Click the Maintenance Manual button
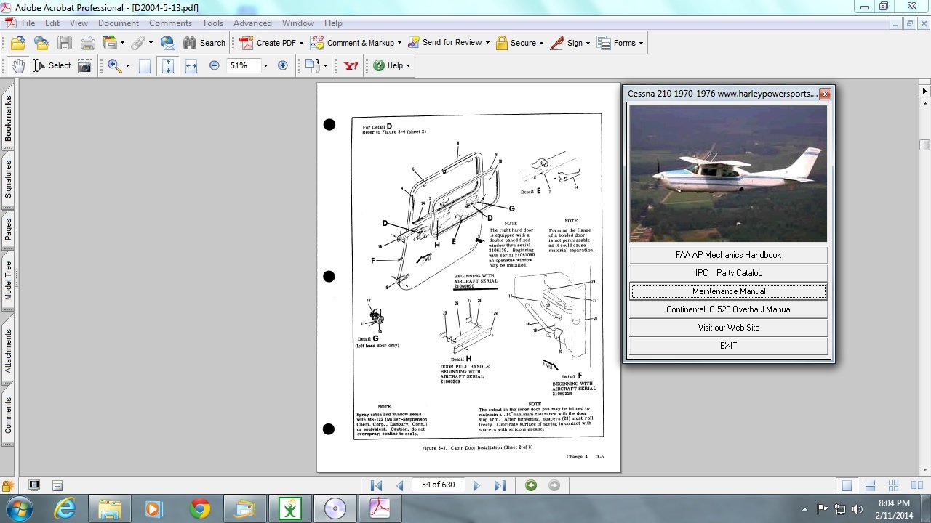(728, 291)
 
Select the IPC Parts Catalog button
(728, 273)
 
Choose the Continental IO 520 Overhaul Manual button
(728, 309)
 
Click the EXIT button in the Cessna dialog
(728, 346)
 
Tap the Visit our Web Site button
(728, 328)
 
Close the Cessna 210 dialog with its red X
(824, 94)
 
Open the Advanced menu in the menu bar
(252, 23)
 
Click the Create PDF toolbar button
(268, 43)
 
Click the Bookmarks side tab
(9, 118)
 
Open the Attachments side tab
(9, 351)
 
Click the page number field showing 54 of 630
(438, 485)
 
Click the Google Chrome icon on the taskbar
(200, 508)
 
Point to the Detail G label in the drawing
(364, 338)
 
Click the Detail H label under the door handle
(456, 359)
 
